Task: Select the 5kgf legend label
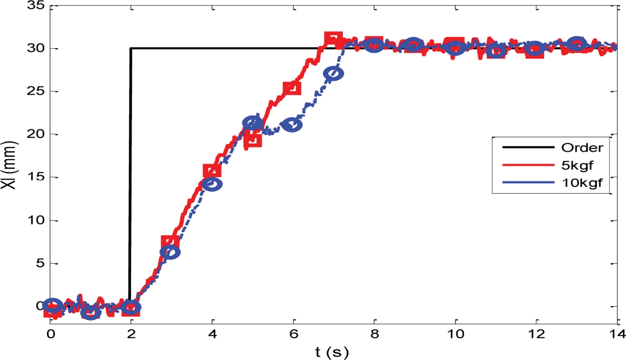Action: pos(576,166)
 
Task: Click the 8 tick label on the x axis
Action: pos(374,333)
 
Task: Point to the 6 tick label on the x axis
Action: pos(293,333)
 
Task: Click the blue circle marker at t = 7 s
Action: pos(333,73)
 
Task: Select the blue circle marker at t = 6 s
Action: pos(292,125)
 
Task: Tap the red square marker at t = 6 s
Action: pos(292,88)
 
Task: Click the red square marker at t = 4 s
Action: pos(212,171)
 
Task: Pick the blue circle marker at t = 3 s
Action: pos(171,252)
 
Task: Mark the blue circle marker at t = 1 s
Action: pos(90,312)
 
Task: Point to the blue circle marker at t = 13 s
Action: pos(576,44)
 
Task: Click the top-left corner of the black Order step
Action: pos(130,48)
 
